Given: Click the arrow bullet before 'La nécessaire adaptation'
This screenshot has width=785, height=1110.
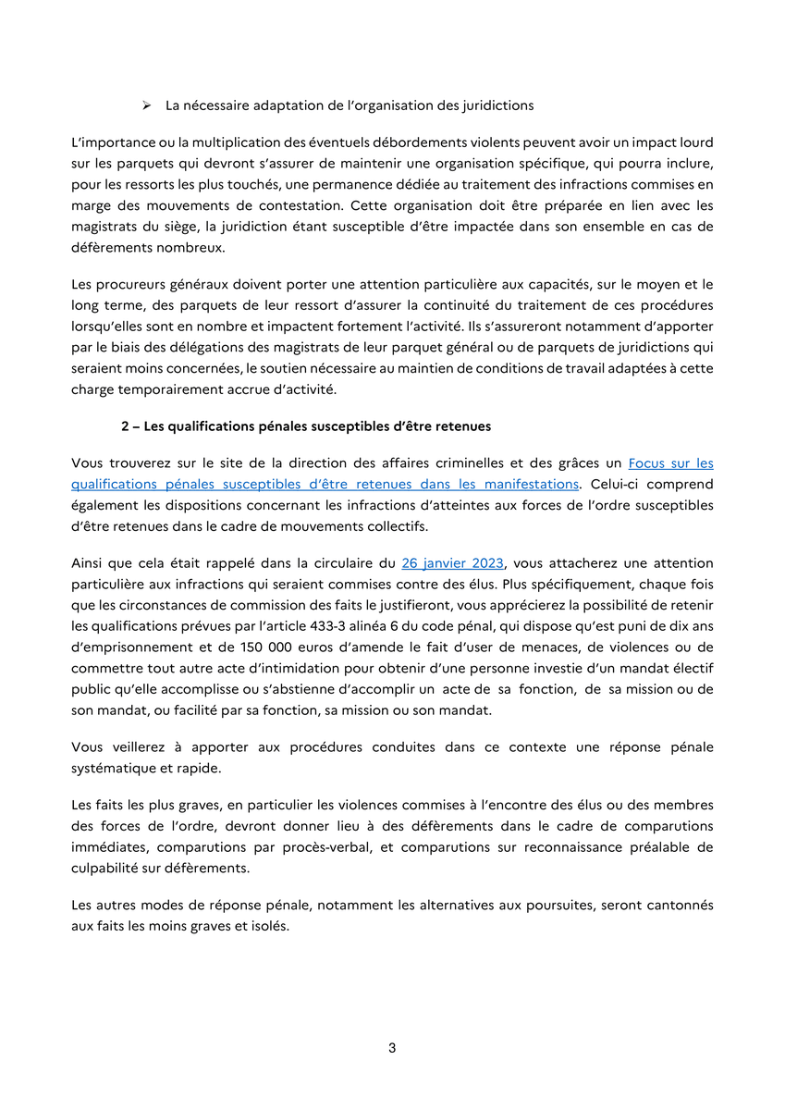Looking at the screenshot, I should pyautogui.click(x=146, y=105).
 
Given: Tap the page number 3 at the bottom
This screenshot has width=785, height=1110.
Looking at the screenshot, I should pyautogui.click(x=392, y=1048).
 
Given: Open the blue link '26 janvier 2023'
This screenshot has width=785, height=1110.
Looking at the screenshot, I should pyautogui.click(x=453, y=563).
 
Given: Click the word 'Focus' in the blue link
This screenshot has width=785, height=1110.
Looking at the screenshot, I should pyautogui.click(x=647, y=463).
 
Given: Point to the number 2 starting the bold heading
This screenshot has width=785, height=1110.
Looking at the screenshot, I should pyautogui.click(x=125, y=426).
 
